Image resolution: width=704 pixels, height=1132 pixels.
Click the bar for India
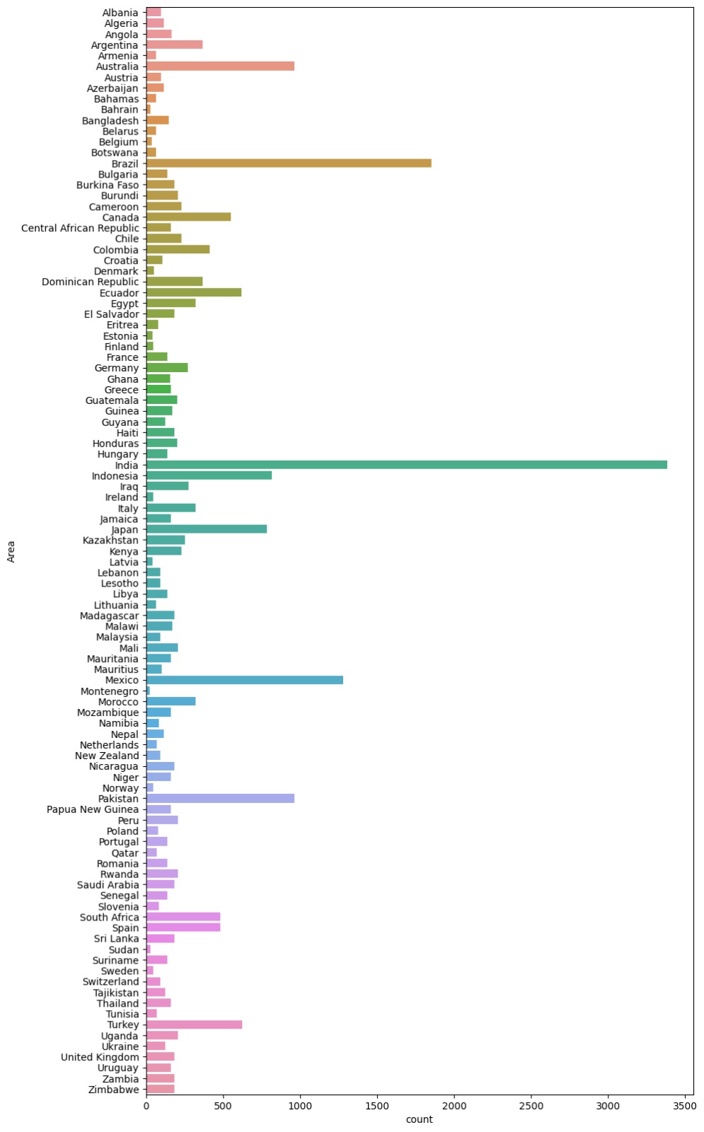(406, 465)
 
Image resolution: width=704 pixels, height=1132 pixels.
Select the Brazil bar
(289, 163)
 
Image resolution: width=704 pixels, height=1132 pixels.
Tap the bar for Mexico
(244, 680)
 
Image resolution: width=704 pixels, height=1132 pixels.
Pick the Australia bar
(220, 67)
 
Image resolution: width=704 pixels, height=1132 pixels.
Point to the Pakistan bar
(220, 799)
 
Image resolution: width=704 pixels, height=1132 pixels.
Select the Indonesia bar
(209, 475)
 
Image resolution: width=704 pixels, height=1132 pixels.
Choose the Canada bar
(188, 217)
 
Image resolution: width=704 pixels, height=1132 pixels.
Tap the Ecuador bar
(194, 293)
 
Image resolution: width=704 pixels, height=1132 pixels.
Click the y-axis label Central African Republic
(80, 228)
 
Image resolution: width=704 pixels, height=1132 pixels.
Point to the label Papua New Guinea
(93, 809)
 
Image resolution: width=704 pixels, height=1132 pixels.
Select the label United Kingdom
(100, 1057)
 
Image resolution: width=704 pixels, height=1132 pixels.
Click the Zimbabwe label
(114, 1090)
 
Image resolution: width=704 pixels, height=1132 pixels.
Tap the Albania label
(120, 13)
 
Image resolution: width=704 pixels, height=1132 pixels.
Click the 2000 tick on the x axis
(454, 1106)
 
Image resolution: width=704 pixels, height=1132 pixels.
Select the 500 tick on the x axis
(224, 1106)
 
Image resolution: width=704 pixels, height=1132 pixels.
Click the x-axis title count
(419, 1119)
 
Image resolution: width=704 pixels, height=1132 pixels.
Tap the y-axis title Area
(11, 551)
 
